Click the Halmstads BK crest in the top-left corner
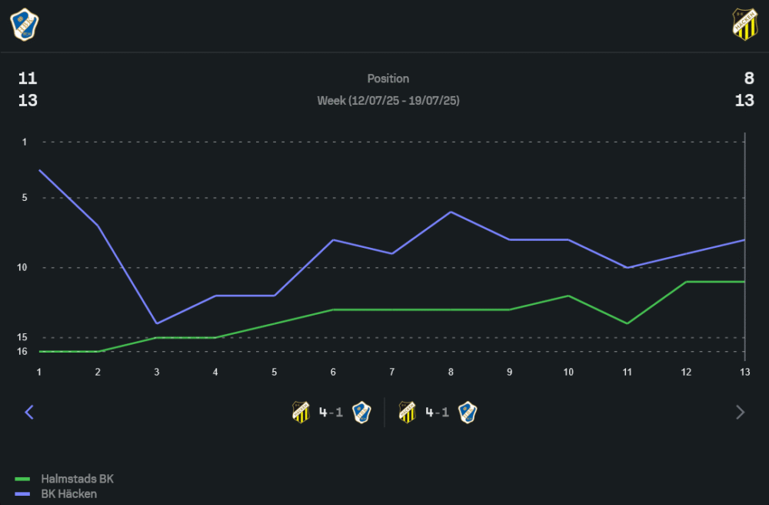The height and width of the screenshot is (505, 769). point(25,24)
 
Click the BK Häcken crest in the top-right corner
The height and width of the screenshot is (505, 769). point(744,24)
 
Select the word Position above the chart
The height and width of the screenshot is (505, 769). point(388,79)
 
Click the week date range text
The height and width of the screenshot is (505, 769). point(388,101)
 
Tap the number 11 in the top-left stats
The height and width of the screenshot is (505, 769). point(28,79)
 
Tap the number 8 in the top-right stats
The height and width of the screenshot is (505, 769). point(748,79)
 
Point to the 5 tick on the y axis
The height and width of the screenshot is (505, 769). point(25,198)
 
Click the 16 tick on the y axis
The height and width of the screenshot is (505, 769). point(23,352)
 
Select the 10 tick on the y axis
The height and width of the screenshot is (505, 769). point(23,268)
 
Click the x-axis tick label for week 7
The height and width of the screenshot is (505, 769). point(391,372)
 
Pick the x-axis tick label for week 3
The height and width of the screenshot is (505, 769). point(157,372)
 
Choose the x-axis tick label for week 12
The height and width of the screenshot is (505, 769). point(686,372)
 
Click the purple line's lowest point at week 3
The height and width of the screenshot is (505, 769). point(157,323)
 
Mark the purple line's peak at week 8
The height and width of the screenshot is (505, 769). point(451,212)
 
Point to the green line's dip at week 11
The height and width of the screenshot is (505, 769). point(628,323)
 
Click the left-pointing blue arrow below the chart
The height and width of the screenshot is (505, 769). point(29,413)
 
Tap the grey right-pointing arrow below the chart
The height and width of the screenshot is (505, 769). point(740,413)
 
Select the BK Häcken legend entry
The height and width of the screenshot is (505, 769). point(68,493)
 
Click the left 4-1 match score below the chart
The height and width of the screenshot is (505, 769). point(331,413)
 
